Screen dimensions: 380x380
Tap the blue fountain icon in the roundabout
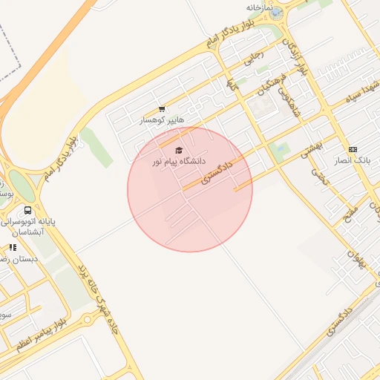point(275,13)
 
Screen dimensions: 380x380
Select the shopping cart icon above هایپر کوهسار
point(162,109)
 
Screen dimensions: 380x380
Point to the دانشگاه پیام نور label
point(172,161)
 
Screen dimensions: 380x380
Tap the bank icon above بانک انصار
point(352,149)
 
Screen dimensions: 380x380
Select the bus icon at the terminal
point(28,211)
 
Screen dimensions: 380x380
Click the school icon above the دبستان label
point(13,247)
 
